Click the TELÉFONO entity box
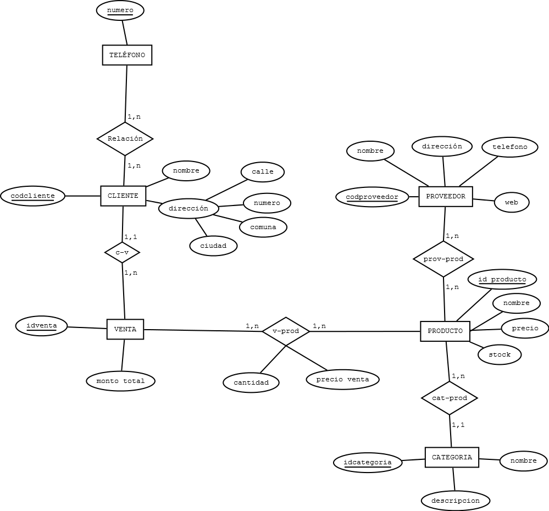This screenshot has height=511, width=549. [127, 55]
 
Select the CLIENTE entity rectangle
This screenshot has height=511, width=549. [123, 196]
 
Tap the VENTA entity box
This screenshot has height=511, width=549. [125, 330]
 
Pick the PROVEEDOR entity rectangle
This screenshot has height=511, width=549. [445, 196]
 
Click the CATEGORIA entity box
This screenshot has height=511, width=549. [452, 457]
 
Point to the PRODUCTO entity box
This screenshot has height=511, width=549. [445, 331]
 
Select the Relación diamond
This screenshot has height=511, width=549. [125, 138]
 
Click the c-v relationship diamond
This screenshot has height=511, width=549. [122, 253]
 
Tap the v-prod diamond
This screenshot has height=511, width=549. [286, 331]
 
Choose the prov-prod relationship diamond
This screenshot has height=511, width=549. [443, 259]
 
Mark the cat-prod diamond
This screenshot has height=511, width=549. [449, 398]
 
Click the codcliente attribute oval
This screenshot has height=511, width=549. [32, 196]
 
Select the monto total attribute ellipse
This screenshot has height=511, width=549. [120, 381]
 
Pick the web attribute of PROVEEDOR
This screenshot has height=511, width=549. [512, 202]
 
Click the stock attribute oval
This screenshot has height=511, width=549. [500, 354]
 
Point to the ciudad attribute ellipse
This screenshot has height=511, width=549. [213, 246]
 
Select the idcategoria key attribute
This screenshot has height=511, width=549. [368, 463]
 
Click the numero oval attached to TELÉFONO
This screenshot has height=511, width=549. [120, 10]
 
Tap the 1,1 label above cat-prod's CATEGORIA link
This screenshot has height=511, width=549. [458, 425]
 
